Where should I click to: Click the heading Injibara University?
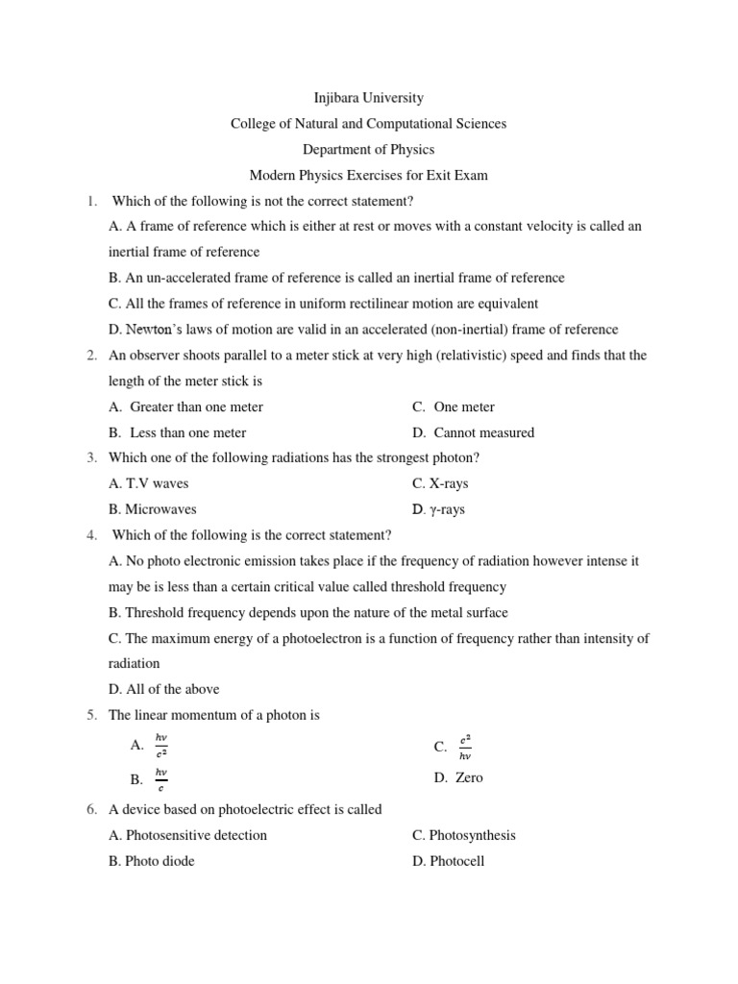click(x=369, y=98)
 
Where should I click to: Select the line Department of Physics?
click(x=369, y=149)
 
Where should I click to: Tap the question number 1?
click(x=91, y=201)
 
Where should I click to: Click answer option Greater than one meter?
click(x=196, y=406)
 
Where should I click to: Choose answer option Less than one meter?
click(x=187, y=432)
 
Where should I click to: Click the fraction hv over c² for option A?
click(x=161, y=746)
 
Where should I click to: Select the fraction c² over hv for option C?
click(x=465, y=747)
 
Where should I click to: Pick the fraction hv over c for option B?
click(x=161, y=779)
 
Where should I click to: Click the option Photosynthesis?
click(x=472, y=835)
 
